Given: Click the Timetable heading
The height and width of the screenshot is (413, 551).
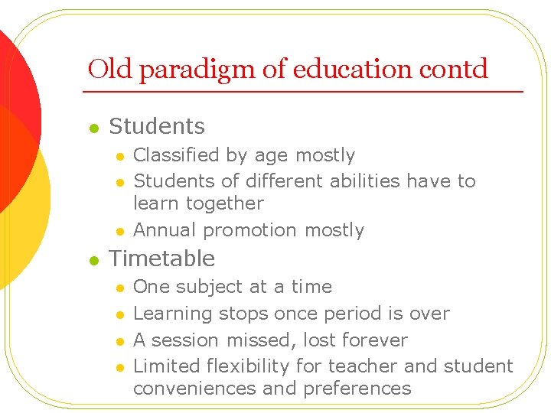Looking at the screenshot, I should [162, 259].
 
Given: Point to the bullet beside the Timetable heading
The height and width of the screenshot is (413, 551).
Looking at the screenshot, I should [93, 261].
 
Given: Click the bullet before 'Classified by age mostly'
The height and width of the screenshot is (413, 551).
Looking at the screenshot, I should [119, 157].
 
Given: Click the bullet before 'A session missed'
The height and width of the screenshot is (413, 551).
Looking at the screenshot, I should [119, 341].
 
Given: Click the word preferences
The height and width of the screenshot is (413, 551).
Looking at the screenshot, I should [357, 389].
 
